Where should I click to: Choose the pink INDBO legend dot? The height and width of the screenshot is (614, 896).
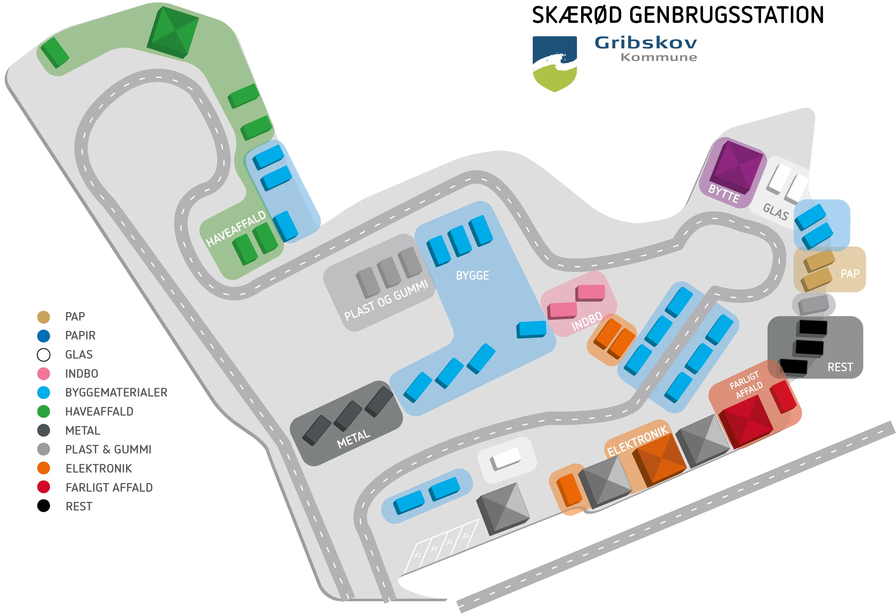pyautogui.click(x=44, y=373)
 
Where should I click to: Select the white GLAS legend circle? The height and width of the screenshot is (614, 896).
pyautogui.click(x=44, y=355)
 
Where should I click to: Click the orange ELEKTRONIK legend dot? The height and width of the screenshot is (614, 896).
pyautogui.click(x=44, y=468)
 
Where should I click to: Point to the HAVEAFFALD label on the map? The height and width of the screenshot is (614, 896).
pyautogui.click(x=236, y=229)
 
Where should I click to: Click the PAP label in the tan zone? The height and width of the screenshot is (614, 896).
pyautogui.click(x=850, y=274)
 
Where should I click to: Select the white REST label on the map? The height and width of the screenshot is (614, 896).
pyautogui.click(x=840, y=367)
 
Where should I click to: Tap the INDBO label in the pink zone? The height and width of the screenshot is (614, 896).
pyautogui.click(x=586, y=321)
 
